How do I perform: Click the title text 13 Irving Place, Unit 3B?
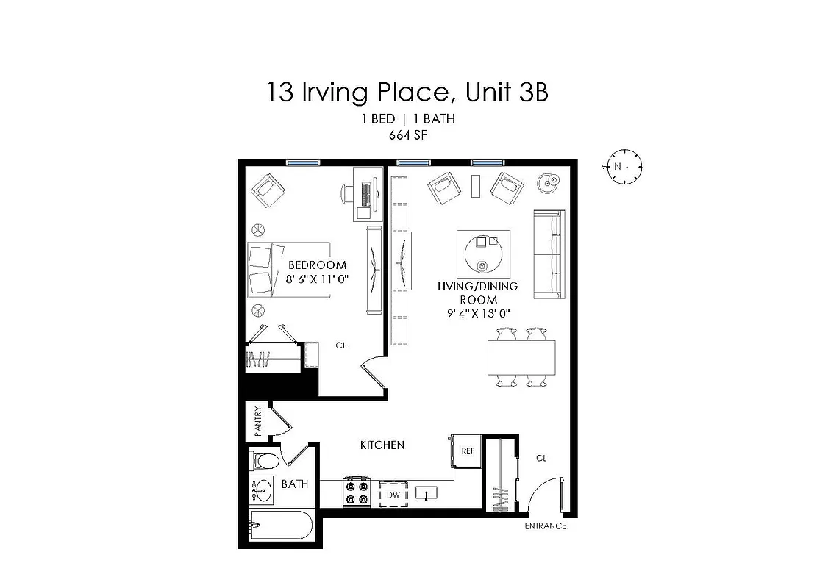[407, 93]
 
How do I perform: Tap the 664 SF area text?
[407, 135]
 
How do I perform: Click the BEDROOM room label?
[317, 265]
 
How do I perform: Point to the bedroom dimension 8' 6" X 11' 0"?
[317, 279]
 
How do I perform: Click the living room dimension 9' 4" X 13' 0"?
[478, 313]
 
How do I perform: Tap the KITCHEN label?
[382, 445]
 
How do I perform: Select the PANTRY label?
[258, 422]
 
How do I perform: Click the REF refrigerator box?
[466, 451]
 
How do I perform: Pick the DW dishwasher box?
[393, 495]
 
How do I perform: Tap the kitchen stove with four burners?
[357, 492]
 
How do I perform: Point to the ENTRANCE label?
[545, 526]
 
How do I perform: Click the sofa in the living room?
[548, 254]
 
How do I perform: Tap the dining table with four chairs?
[521, 357]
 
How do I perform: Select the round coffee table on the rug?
[483, 253]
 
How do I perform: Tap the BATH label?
[295, 484]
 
